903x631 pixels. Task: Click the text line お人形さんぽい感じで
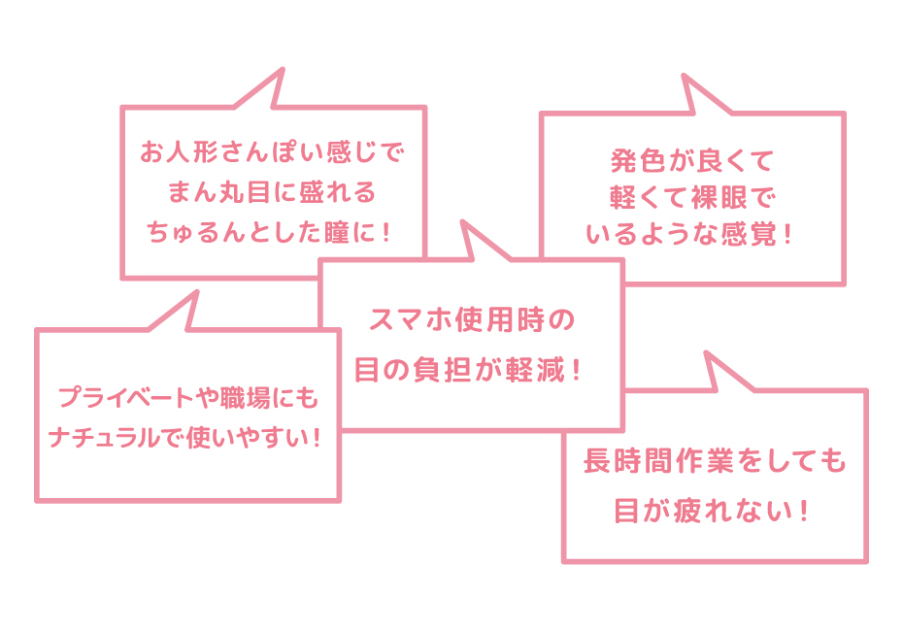tap(271, 153)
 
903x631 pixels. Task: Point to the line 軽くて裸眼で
tap(690, 196)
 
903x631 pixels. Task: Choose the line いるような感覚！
tap(690, 235)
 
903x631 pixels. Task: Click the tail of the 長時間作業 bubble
tap(719, 372)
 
